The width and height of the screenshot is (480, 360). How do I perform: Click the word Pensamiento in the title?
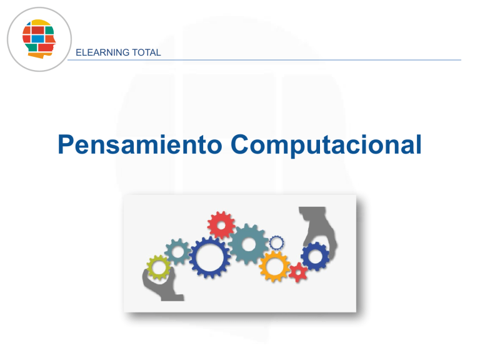(x=139, y=146)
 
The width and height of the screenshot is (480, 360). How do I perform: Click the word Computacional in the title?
(x=325, y=146)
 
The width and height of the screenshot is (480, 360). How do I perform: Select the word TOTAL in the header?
(x=146, y=52)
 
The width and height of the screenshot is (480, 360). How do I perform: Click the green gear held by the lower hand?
(x=159, y=268)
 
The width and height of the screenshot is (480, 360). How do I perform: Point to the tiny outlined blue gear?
(x=276, y=242)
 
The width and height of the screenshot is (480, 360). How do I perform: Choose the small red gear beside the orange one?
(x=298, y=272)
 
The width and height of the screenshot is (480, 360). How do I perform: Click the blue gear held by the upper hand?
(x=314, y=256)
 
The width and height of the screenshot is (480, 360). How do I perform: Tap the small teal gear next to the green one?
(x=177, y=252)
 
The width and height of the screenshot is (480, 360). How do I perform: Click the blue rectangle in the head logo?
(x=38, y=39)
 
